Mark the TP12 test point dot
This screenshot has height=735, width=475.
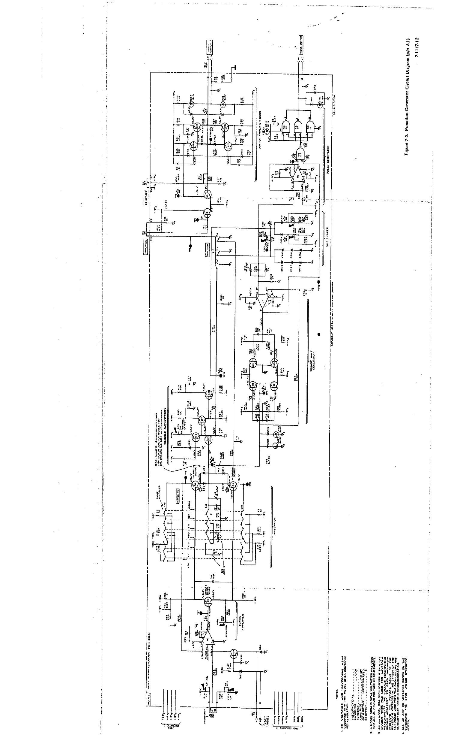[319, 282]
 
